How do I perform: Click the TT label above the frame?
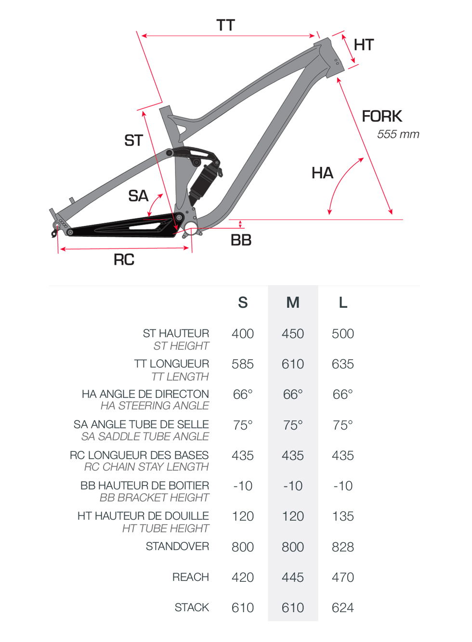225,25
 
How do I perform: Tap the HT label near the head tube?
364,45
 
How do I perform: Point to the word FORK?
382,116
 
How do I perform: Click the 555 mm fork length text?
398,134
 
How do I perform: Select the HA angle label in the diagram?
322,173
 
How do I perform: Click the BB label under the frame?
241,240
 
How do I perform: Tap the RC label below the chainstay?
124,260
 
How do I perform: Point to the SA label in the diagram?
138,196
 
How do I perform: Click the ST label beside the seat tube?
133,141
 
